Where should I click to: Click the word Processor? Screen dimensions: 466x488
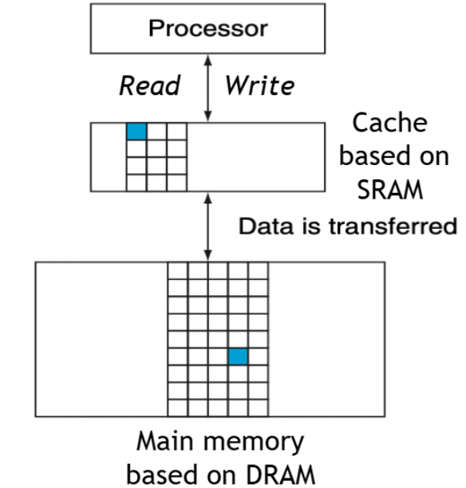coord(208,29)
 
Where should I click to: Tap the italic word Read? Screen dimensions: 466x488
coord(150,85)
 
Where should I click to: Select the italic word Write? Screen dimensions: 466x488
coord(259,85)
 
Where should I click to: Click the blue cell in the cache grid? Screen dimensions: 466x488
coord(136,132)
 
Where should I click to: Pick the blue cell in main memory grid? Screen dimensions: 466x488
coord(238,356)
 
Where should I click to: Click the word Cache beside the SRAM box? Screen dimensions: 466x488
coord(389,123)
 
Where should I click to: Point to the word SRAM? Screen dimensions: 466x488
coord(390,190)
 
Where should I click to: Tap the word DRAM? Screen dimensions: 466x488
coord(280,475)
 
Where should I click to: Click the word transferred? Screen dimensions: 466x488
coord(393,226)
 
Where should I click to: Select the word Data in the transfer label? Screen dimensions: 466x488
coord(267,226)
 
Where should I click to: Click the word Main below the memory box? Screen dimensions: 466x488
coord(165,441)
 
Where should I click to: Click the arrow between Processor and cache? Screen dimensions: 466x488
coord(207,89)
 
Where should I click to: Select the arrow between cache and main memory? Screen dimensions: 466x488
coord(207,227)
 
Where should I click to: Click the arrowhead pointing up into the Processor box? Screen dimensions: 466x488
coord(207,60)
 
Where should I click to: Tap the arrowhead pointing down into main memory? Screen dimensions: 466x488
coord(207,255)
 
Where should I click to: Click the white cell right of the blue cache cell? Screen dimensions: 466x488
coord(156,132)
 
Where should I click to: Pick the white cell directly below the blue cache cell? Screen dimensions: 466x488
coord(136,149)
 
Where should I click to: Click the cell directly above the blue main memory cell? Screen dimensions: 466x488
coord(238,339)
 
